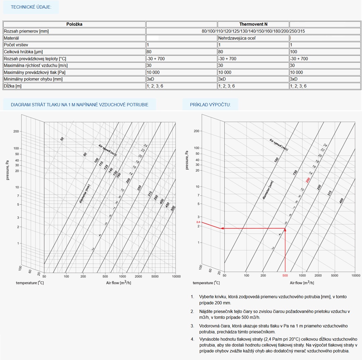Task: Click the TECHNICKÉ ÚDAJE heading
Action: [x=31, y=7]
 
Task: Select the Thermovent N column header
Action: [x=253, y=24]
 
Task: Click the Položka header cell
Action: [x=74, y=24]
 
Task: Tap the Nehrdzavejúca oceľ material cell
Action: [x=237, y=38]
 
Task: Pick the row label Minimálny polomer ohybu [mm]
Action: [x=33, y=79]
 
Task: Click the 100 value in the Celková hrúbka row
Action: [x=294, y=52]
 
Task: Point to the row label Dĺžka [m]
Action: [x=13, y=86]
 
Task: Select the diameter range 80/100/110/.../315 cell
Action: [x=253, y=31]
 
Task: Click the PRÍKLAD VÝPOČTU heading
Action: [x=210, y=105]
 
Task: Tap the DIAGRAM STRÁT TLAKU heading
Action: [x=79, y=105]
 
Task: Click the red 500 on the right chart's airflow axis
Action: [x=285, y=276]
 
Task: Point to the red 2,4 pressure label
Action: [x=198, y=222]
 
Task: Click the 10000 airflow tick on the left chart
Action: [x=176, y=277]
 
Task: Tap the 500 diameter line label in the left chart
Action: [x=173, y=208]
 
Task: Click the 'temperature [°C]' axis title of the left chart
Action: [x=30, y=283]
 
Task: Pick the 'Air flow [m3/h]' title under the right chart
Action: [x=302, y=283]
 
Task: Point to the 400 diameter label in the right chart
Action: [x=341, y=201]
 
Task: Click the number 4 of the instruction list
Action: [x=192, y=339]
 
